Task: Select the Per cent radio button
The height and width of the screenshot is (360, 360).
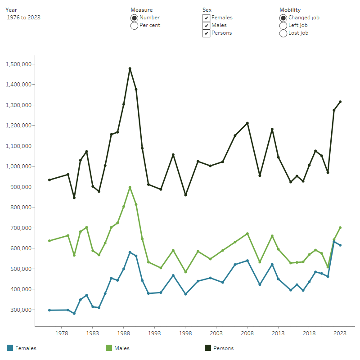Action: [134, 26]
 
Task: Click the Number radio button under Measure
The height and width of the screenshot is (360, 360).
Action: [134, 18]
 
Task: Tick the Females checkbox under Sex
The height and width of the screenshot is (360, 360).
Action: [206, 18]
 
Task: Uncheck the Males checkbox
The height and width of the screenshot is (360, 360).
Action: [206, 26]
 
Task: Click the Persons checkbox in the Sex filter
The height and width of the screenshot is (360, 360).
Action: [206, 33]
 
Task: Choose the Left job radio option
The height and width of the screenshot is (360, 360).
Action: [283, 26]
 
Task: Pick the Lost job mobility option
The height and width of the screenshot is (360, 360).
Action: [283, 33]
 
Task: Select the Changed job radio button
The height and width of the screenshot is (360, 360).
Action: [283, 18]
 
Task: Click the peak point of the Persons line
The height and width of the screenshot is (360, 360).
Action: [130, 69]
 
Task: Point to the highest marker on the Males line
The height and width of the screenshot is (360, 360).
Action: [130, 187]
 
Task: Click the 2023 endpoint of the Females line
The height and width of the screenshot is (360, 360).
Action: [340, 245]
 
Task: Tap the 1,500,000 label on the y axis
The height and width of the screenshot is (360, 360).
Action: [18, 64]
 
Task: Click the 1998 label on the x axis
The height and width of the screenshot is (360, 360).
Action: [185, 333]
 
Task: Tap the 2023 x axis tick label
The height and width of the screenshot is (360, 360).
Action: [340, 333]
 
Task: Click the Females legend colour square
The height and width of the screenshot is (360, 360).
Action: [10, 348]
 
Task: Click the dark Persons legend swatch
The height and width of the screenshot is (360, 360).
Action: [208, 348]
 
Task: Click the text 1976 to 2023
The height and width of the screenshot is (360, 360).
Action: [24, 18]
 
